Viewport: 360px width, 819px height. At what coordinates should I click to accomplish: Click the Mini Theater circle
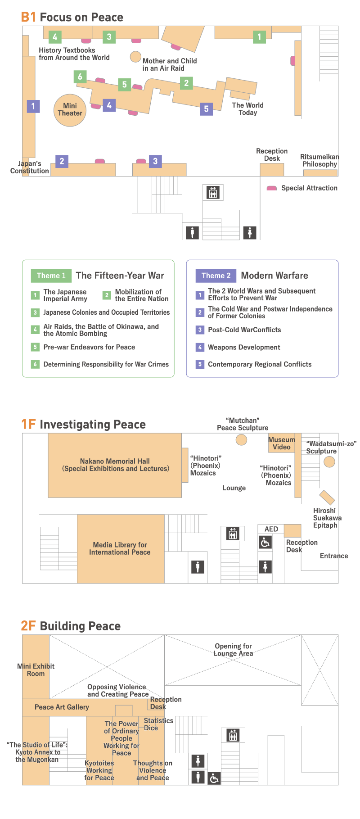70,110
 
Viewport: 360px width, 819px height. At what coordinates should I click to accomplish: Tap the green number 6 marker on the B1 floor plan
80,77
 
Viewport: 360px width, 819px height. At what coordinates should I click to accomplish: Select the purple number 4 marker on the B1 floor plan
109,105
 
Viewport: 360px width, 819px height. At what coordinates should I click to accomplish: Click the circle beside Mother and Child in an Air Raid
135,57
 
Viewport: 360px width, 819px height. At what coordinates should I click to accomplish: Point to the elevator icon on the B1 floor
213,193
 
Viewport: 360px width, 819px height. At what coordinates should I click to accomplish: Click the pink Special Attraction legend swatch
271,188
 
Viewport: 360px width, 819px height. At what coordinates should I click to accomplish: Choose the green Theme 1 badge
51,276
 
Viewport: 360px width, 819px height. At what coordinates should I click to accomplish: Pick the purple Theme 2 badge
216,276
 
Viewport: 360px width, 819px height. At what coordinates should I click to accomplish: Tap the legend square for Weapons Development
200,347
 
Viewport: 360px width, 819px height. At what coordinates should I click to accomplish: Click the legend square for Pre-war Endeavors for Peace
35,347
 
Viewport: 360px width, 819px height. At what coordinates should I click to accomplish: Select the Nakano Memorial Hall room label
115,465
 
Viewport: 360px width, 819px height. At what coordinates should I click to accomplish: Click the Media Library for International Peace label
120,548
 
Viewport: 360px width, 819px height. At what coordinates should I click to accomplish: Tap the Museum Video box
282,443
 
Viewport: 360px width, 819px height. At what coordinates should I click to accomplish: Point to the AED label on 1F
271,529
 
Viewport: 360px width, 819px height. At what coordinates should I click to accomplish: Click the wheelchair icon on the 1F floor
265,543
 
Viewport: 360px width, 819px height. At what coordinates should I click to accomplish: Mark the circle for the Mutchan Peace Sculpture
242,440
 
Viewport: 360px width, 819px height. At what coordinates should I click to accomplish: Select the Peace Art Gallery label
62,707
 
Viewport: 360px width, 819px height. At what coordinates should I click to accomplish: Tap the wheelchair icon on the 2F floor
214,778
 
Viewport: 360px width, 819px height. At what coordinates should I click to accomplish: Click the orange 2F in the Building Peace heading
28,626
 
